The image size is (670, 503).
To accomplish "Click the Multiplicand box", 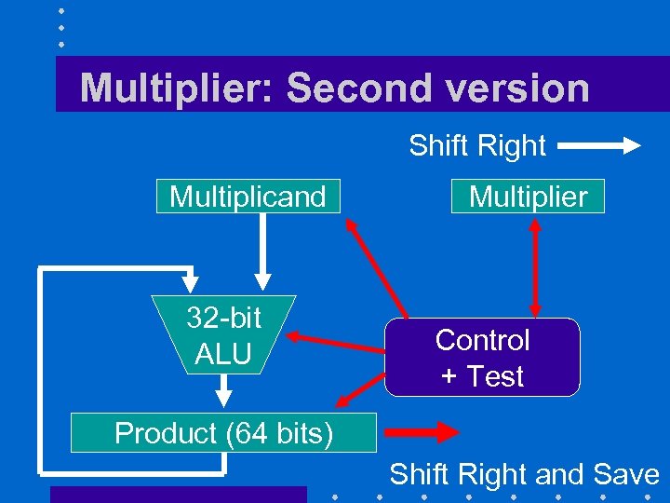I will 248,197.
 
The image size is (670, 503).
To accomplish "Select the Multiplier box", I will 528,197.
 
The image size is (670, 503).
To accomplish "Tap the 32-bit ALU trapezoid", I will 224,335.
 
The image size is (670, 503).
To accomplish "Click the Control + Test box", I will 482,358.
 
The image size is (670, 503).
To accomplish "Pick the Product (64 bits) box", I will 224,433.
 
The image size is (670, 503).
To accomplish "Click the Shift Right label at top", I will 476,145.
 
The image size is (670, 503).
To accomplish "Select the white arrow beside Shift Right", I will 599,145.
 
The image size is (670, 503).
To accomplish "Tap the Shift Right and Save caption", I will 524,474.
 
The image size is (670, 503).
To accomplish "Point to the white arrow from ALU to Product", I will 222,392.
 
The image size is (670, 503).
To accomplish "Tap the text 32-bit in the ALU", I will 224,319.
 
